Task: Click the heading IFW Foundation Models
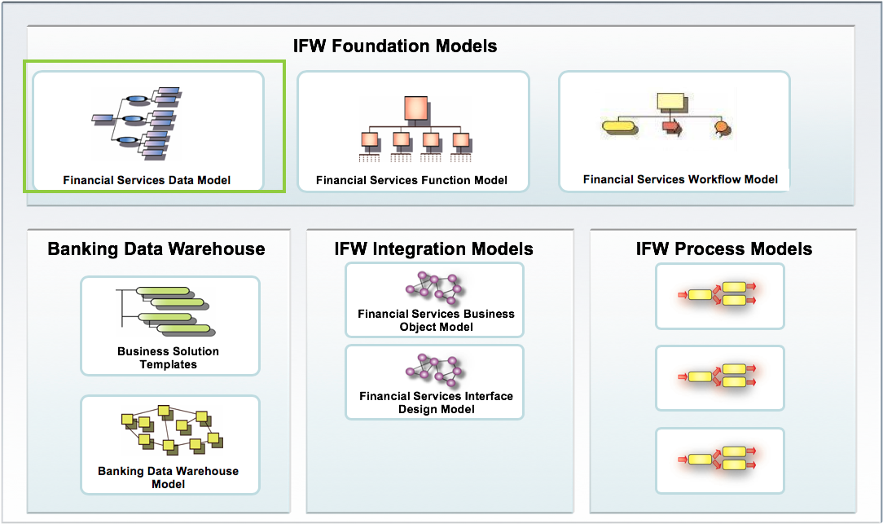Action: pyautogui.click(x=395, y=46)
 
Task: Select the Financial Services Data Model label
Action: pyautogui.click(x=147, y=180)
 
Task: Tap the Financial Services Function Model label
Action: pyautogui.click(x=411, y=180)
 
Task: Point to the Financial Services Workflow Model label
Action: pyautogui.click(x=680, y=179)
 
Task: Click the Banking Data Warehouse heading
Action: pyautogui.click(x=156, y=249)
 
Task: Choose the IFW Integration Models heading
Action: pyautogui.click(x=433, y=249)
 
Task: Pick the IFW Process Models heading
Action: pyautogui.click(x=723, y=249)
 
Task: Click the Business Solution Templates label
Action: pyautogui.click(x=168, y=358)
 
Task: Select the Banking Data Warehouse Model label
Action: pyautogui.click(x=168, y=478)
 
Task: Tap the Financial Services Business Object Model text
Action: pyautogui.click(x=436, y=320)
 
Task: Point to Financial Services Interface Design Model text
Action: pyautogui.click(x=436, y=403)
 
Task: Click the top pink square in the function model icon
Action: pyautogui.click(x=415, y=108)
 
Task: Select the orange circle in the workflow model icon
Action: pyautogui.click(x=720, y=127)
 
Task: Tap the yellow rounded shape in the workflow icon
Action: pyautogui.click(x=617, y=126)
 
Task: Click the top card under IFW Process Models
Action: pyautogui.click(x=719, y=296)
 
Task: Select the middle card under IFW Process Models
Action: pyautogui.click(x=719, y=377)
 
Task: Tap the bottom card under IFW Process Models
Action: pyautogui.click(x=719, y=460)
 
